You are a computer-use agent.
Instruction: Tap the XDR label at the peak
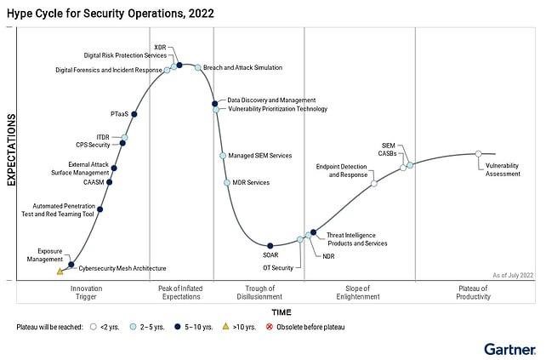click(x=160, y=47)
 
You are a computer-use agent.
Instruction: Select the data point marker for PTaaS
click(x=134, y=114)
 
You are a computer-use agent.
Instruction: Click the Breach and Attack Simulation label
click(x=242, y=67)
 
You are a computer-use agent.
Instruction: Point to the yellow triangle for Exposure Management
click(x=60, y=271)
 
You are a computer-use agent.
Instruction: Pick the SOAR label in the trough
click(x=270, y=254)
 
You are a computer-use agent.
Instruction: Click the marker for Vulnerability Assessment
click(x=478, y=154)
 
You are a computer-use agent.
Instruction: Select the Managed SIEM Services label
click(x=260, y=156)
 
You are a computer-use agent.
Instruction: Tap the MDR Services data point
click(x=226, y=183)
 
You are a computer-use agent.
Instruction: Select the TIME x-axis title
click(x=281, y=312)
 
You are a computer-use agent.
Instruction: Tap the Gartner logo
click(x=509, y=349)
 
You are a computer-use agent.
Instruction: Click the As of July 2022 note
click(x=513, y=275)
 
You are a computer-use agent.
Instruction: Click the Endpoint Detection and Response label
click(x=342, y=169)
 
